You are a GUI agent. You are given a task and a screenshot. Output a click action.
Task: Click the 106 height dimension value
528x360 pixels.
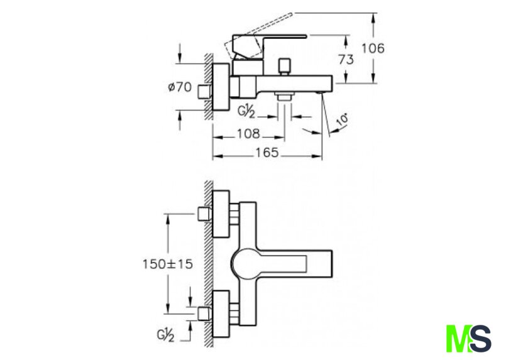373,48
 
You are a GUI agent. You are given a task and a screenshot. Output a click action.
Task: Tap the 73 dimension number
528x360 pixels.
346,60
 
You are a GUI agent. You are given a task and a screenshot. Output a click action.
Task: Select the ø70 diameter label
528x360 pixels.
180,87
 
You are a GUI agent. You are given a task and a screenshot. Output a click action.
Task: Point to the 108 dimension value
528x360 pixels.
248,134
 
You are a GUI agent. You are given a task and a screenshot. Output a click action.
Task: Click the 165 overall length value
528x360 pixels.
267,153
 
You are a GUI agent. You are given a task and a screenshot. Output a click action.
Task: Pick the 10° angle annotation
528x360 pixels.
343,120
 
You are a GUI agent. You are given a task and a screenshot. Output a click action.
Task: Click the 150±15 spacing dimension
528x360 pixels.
168,264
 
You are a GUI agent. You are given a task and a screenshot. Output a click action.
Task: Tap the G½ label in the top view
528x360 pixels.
247,111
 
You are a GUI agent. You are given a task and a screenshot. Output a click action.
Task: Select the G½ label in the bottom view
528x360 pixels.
165,335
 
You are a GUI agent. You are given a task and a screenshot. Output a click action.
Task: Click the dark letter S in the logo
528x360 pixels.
480,338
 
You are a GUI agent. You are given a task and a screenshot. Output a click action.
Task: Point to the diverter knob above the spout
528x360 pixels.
284,67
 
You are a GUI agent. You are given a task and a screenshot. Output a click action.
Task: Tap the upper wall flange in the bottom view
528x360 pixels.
221,214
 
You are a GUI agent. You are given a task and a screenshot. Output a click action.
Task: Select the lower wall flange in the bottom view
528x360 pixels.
221,314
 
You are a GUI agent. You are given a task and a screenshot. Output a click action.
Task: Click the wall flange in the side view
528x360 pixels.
221,87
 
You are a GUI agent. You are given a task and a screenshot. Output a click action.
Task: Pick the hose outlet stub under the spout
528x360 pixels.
284,97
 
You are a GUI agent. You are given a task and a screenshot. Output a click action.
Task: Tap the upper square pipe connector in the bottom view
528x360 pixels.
204,214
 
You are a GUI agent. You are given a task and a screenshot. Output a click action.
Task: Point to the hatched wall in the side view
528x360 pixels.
209,86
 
